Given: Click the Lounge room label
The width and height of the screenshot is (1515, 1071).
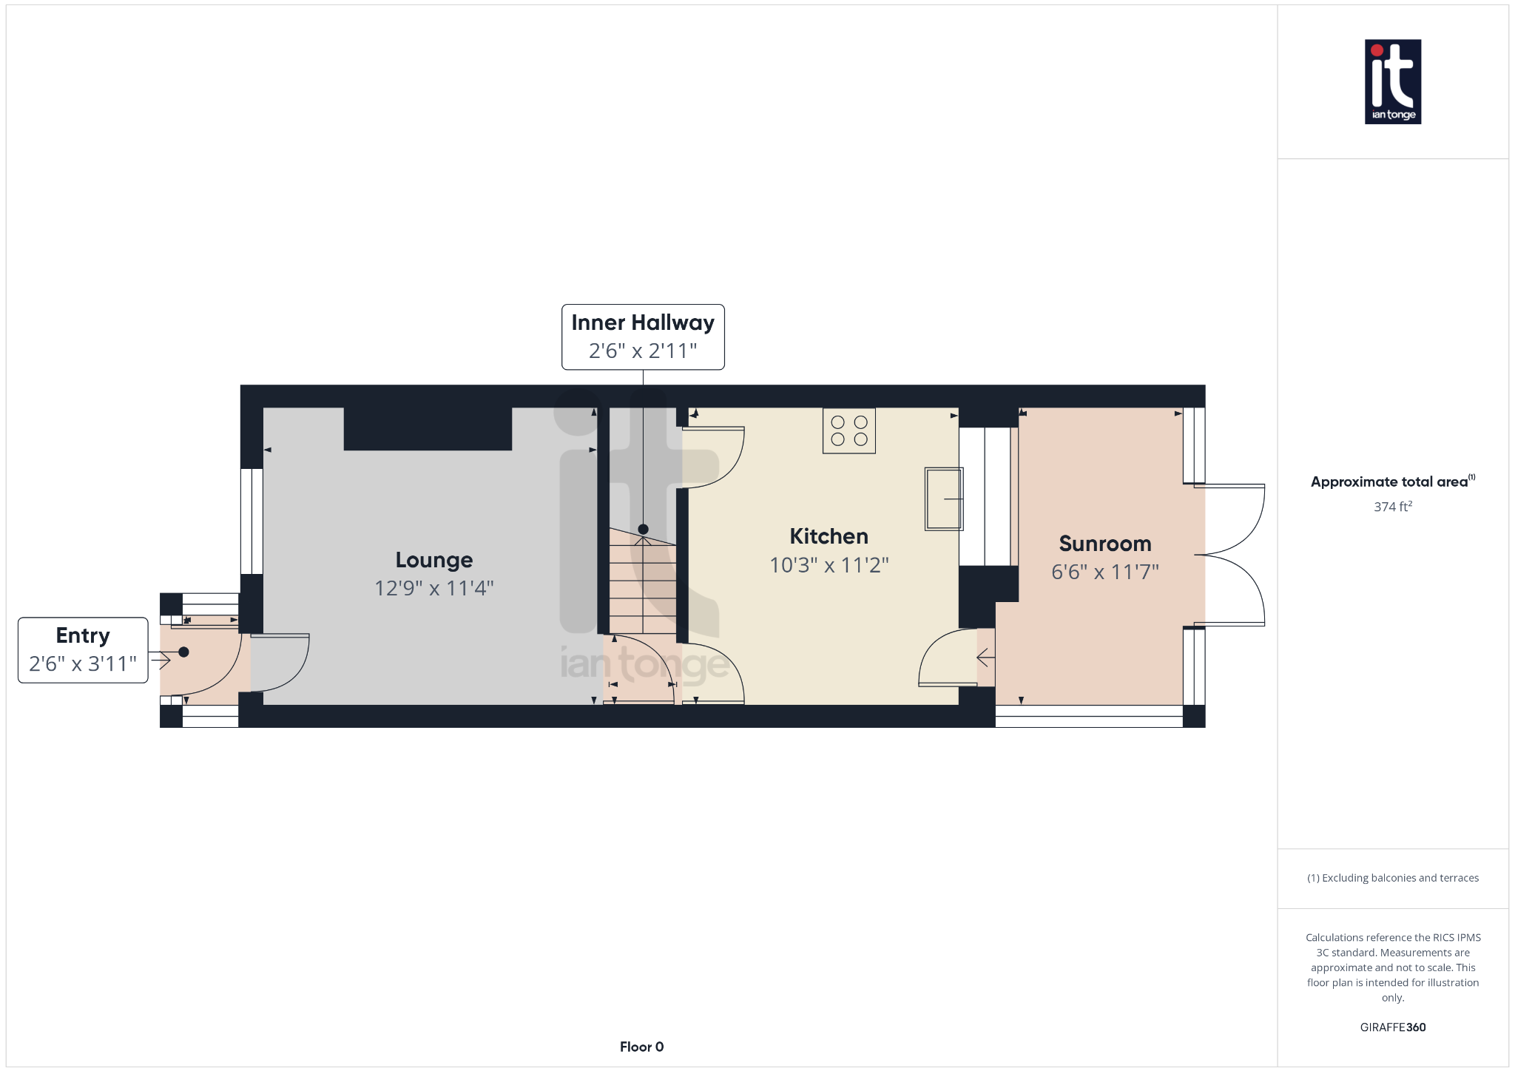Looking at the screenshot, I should [434, 560].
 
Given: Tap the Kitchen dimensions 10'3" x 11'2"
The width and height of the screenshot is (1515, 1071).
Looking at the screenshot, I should [829, 565].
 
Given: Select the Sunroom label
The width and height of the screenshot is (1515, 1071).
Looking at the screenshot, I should [1104, 544].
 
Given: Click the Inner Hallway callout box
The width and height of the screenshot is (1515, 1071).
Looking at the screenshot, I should [643, 337].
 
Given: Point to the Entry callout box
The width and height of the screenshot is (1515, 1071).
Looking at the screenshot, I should [83, 650].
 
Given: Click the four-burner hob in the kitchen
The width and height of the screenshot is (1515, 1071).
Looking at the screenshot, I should [848, 430].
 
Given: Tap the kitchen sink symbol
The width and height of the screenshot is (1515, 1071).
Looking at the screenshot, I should [943, 499].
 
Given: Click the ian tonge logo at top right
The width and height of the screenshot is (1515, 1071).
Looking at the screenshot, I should [1392, 81].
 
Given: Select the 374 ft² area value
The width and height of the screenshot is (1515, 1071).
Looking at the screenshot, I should [1392, 507].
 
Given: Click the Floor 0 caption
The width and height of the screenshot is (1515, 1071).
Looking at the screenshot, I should [641, 1047].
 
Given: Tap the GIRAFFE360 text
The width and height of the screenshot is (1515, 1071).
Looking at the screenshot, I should [1392, 1027].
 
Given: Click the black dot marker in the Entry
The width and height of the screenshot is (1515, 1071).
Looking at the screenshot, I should [183, 652].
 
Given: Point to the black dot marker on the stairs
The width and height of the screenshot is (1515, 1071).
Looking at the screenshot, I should [643, 529].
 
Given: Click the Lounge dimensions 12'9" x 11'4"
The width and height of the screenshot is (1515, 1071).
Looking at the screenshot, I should [434, 588].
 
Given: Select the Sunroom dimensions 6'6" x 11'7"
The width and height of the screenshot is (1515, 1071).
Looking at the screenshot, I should [1104, 572].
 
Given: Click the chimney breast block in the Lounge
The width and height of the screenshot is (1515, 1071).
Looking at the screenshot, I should [428, 429].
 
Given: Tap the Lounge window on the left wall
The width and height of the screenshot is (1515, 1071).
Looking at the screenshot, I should [252, 521].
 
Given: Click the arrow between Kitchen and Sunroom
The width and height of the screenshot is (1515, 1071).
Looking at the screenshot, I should [985, 657].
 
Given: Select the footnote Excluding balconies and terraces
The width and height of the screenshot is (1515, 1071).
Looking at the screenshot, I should [1392, 878].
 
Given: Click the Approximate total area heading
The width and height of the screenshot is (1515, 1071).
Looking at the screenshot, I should [1389, 482].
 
